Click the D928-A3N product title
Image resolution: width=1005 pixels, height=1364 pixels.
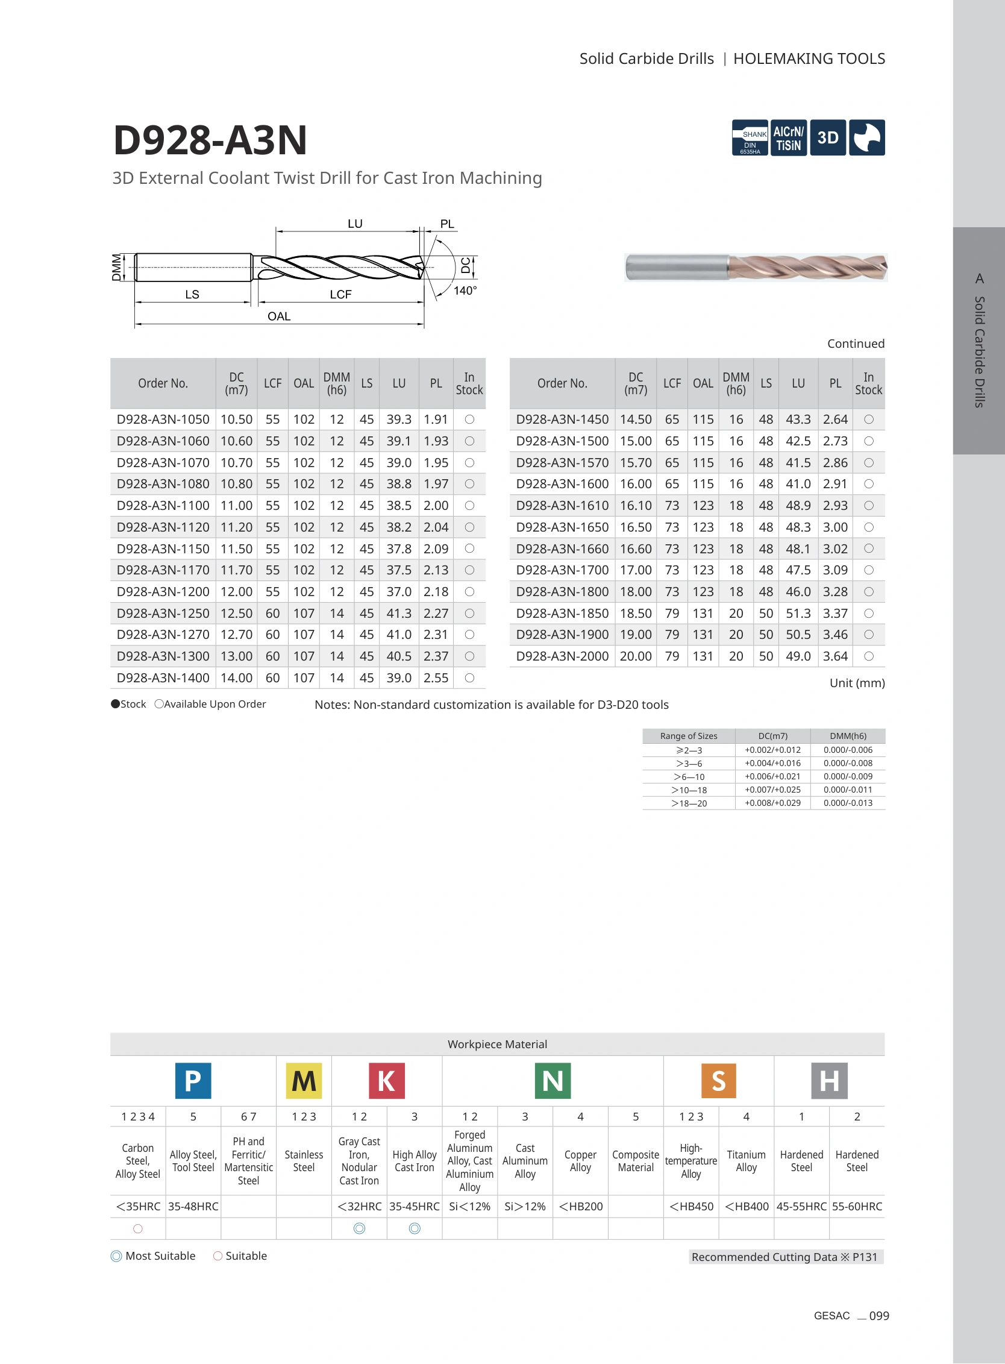pos(210,140)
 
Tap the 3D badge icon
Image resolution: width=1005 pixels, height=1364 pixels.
pos(827,137)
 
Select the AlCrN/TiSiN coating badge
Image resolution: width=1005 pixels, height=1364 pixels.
pos(789,137)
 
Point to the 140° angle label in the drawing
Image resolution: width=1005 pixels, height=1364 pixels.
pos(465,291)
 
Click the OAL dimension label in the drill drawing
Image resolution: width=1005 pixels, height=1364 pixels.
pos(279,316)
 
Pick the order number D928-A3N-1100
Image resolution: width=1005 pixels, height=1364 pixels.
pos(163,506)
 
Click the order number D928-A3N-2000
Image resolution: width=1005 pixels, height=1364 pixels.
pos(562,656)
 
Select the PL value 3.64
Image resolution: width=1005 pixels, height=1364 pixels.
pos(835,656)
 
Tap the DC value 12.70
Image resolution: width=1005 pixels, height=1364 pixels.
pos(237,635)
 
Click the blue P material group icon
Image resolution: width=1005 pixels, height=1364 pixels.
pos(193,1080)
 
